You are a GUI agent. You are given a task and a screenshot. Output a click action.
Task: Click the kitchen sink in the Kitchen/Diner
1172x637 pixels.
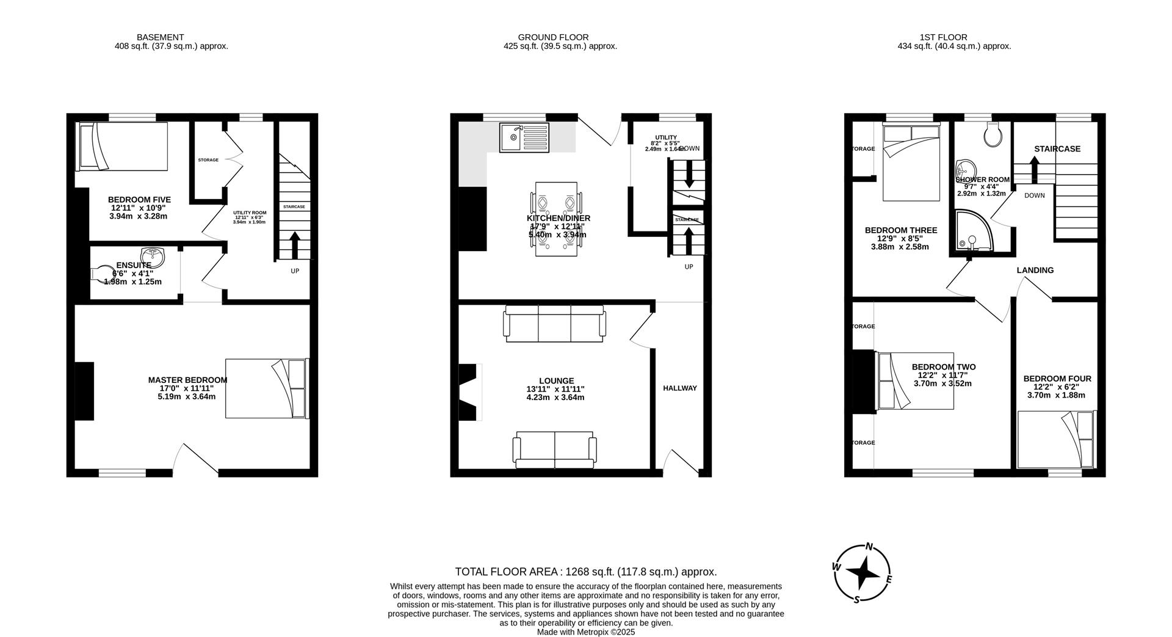[x=524, y=137]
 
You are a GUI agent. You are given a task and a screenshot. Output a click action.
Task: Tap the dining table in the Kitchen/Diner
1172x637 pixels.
[x=556, y=218]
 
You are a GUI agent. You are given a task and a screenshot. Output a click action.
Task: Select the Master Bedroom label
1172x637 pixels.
[x=187, y=380]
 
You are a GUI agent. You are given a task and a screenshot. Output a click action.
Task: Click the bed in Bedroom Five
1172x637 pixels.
[x=122, y=147]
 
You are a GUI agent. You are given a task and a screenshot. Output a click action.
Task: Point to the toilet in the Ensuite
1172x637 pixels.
[x=102, y=274]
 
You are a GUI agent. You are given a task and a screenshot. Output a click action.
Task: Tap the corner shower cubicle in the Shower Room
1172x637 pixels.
[x=972, y=232]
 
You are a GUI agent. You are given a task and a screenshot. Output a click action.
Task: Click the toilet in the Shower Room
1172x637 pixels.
[x=993, y=134]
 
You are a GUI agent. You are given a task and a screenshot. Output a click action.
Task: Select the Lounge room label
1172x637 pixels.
[x=556, y=380]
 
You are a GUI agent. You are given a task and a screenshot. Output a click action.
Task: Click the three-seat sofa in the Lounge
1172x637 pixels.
[x=554, y=324]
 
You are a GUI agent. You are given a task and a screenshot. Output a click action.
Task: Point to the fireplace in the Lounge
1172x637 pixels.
[x=469, y=392]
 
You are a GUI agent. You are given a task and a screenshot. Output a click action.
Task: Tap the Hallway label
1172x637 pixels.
[x=679, y=388]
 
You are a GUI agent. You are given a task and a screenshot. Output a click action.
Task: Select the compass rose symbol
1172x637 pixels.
[x=863, y=573]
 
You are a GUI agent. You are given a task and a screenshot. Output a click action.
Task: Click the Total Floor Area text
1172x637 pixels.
[x=585, y=572]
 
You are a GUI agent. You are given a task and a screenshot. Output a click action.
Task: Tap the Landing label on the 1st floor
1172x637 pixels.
[x=1035, y=270]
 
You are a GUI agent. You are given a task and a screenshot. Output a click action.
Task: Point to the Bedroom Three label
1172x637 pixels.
[x=900, y=230]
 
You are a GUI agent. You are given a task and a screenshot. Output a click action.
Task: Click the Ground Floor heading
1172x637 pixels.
[x=553, y=37]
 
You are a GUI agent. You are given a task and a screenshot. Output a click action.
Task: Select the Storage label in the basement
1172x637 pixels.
[x=208, y=160]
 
